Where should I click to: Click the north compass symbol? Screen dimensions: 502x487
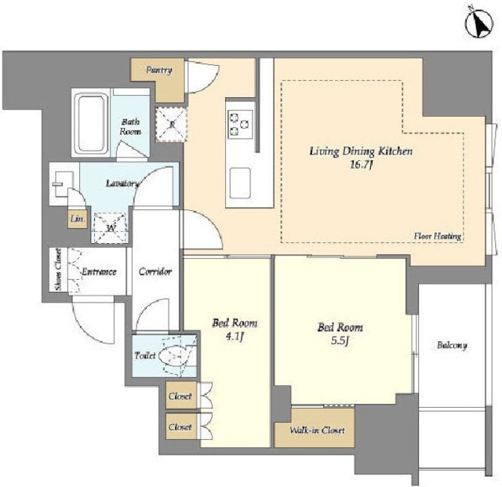[x=479, y=24]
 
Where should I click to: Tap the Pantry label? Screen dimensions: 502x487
[x=158, y=70]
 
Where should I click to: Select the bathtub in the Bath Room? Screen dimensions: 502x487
[x=91, y=123]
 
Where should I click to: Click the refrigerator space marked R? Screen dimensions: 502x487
[x=171, y=124]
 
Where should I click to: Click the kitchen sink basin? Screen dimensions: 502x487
[x=240, y=183]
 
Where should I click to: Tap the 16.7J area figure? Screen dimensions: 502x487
[x=361, y=165]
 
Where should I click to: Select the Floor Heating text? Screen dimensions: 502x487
[x=438, y=236]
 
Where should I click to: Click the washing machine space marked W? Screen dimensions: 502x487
[x=110, y=227]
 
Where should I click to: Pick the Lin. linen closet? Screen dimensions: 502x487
[x=78, y=219]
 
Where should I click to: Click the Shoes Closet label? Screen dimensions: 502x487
[x=58, y=270]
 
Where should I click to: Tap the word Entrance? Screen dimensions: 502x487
[x=99, y=271]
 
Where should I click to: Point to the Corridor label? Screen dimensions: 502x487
[x=155, y=271]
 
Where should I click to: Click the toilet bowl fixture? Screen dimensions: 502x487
[x=173, y=356]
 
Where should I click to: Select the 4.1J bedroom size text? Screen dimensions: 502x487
[x=235, y=337]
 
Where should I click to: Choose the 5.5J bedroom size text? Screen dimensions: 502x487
[x=340, y=340]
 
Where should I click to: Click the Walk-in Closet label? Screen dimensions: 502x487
[x=317, y=430]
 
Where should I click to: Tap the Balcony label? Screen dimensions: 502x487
[x=452, y=345]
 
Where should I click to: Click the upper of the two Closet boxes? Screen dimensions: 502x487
[x=181, y=395]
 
